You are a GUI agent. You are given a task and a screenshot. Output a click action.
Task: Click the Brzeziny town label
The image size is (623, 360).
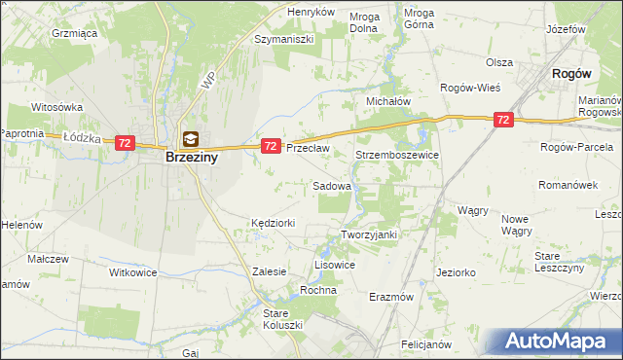click(x=190, y=157)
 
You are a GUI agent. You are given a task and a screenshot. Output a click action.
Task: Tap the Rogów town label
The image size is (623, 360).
click(x=572, y=73)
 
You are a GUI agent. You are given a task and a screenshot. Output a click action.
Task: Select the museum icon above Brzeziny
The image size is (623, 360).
click(x=190, y=139)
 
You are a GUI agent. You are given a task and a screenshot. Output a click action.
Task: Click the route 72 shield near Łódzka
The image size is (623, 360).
click(x=124, y=142)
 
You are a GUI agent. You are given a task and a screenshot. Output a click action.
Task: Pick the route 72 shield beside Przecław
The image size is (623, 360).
click(x=272, y=145)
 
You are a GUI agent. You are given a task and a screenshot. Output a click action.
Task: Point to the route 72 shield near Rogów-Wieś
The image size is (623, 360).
click(x=502, y=120)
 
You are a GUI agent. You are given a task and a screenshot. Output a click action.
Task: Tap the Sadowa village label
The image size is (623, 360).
click(x=332, y=185)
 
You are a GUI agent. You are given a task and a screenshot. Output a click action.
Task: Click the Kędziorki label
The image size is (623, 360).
click(x=273, y=223)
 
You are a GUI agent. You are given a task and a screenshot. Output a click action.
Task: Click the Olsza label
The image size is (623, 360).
click(x=499, y=61)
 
